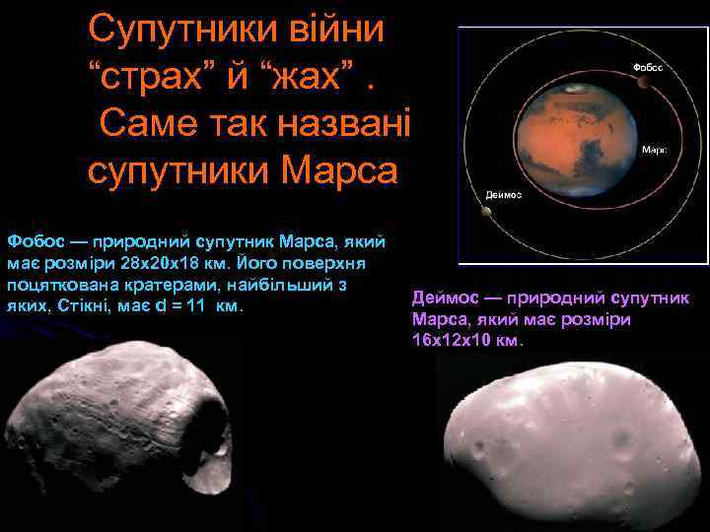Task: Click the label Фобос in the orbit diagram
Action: tap(647, 67)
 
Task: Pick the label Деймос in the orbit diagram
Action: tap(505, 195)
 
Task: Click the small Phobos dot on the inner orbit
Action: tap(643, 83)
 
